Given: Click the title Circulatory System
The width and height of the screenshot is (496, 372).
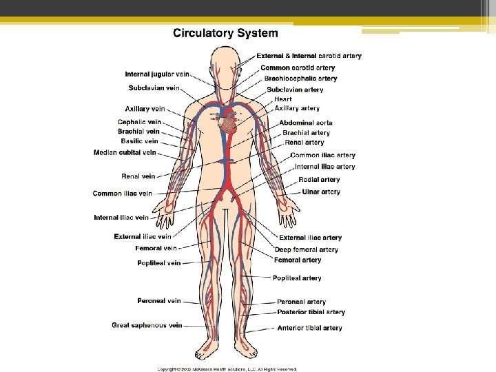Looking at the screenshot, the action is pos(225,33).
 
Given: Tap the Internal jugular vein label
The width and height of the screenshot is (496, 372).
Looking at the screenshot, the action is pos(157,74).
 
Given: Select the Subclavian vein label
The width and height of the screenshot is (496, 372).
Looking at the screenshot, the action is pos(154,87).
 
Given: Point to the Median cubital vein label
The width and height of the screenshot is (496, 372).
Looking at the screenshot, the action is pos(125,152).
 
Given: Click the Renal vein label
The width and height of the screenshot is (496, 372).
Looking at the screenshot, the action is pos(138,176).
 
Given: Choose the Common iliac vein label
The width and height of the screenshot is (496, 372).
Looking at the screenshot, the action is pos(123,194).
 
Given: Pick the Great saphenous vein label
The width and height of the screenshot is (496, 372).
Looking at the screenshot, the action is pos(147,325).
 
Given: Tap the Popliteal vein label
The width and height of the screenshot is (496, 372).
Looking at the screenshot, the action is pos(159,262).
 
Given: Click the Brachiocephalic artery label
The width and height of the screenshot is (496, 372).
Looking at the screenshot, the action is pos(301,79).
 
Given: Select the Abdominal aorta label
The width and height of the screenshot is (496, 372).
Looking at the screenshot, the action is pos(306,123).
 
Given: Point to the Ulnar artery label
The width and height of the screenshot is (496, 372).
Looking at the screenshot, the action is pos(321,192).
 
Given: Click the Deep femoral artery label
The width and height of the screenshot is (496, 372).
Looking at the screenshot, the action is pos(307,249).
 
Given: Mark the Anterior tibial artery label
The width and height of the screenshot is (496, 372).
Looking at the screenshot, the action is pos(309,328).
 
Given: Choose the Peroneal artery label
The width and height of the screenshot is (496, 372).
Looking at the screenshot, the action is pos(301,302).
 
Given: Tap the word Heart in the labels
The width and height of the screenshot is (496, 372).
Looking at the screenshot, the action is pos(283,99).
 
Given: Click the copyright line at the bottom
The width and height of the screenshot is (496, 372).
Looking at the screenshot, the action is pos(227,369).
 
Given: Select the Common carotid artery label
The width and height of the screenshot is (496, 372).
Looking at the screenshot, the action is pos(298,68).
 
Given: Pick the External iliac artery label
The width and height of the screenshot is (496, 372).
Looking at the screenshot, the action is pos(310,238).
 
